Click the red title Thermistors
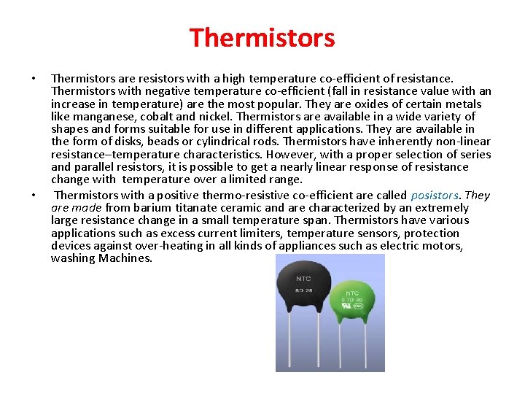pyautogui.click(x=262, y=37)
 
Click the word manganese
pyautogui.click(x=93, y=116)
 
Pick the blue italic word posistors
pyautogui.click(x=435, y=196)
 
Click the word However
pyautogui.click(x=289, y=154)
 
